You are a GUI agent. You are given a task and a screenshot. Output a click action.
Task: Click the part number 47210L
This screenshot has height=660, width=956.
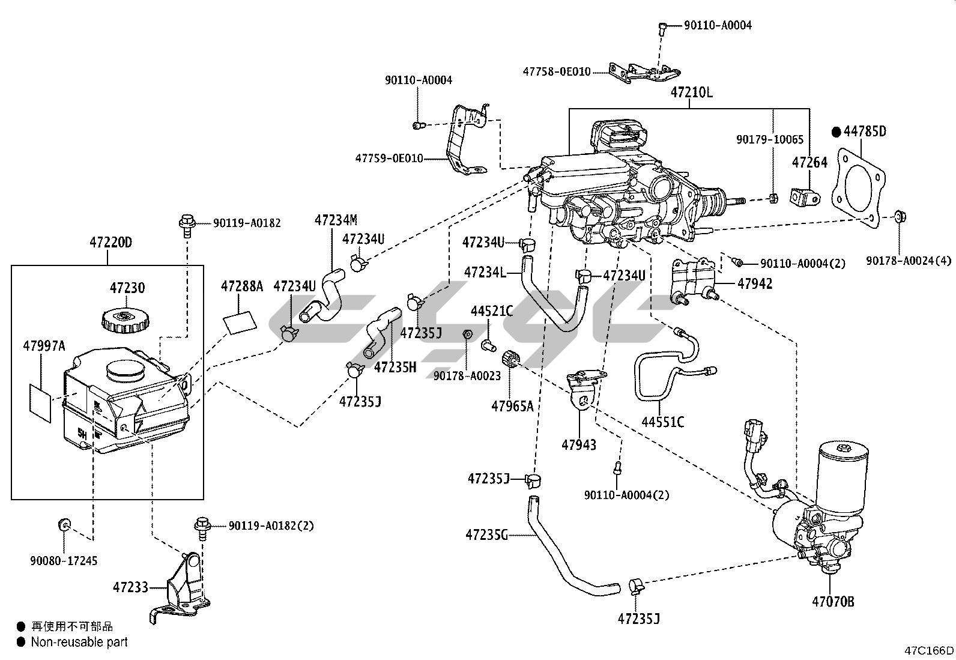(691, 93)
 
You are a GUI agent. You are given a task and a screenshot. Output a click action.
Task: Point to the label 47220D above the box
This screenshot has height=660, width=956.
(110, 243)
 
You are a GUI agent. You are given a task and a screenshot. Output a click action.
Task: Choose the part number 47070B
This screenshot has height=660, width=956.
(833, 601)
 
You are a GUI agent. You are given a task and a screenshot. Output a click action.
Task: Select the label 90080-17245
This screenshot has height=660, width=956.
(64, 561)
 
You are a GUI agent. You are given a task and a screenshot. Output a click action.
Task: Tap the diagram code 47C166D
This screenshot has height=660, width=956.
(929, 650)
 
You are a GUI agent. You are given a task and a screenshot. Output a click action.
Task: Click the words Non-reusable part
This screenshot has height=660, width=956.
(79, 642)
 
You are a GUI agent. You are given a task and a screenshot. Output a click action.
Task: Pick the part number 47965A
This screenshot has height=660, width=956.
(512, 407)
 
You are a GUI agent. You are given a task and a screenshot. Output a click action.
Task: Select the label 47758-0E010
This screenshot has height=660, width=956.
(557, 71)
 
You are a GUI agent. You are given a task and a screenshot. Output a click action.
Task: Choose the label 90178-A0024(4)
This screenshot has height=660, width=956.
(909, 260)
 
